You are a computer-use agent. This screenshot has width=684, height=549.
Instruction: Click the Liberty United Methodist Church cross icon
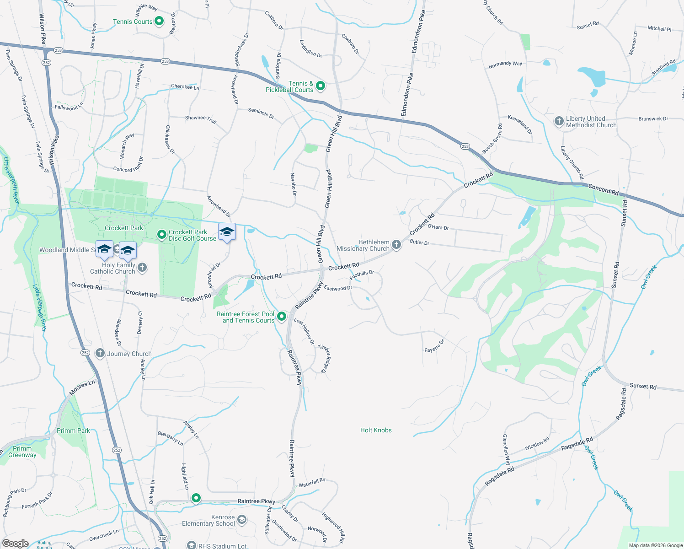[x=559, y=121]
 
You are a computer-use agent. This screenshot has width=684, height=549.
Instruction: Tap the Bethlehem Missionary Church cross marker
[x=396, y=245]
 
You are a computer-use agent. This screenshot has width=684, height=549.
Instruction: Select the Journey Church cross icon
[x=100, y=353]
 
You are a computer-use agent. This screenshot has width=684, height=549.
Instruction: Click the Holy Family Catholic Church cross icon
[x=142, y=268]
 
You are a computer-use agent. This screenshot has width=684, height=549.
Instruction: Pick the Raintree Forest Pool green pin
[x=282, y=316]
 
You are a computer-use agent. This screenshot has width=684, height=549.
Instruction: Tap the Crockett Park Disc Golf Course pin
[x=161, y=235]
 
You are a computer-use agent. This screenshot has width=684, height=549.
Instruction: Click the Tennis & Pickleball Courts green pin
[x=321, y=86]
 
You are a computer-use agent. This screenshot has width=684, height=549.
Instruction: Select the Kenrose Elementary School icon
[x=242, y=520]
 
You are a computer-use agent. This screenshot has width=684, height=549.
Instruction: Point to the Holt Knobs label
[x=376, y=430]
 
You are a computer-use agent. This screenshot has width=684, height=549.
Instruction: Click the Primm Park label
[x=73, y=431]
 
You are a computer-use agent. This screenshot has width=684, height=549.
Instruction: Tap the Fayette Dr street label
[x=434, y=346]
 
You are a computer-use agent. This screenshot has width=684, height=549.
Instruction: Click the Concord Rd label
[x=603, y=190]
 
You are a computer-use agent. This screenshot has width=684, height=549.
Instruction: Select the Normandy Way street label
[x=505, y=65]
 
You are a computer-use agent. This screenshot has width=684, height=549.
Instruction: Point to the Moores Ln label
[x=82, y=388]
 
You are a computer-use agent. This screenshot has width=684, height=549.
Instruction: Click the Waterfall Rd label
[x=312, y=482]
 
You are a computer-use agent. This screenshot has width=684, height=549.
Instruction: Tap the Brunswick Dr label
[x=653, y=119]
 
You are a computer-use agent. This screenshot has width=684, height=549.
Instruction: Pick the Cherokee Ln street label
[x=185, y=86]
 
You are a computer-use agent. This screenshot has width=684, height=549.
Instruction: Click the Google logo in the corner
[x=15, y=544]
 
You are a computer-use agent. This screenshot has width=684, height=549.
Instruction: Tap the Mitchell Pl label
[x=659, y=28]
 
